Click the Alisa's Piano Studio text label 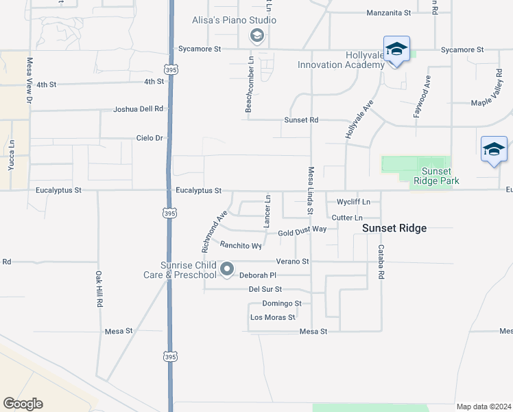(234, 20)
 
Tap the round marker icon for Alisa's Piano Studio (257, 36)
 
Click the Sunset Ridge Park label (436, 176)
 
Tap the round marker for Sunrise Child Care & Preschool (227, 269)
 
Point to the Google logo (23, 404)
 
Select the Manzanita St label (388, 12)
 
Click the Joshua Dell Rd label (139, 108)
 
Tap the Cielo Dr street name (149, 138)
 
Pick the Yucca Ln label (12, 155)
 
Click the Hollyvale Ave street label (359, 121)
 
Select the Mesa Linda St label (311, 189)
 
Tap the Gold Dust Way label (302, 233)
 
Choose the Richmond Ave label (213, 231)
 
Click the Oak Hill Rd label (99, 288)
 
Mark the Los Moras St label (272, 317)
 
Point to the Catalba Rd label (381, 260)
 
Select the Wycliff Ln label (353, 202)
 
